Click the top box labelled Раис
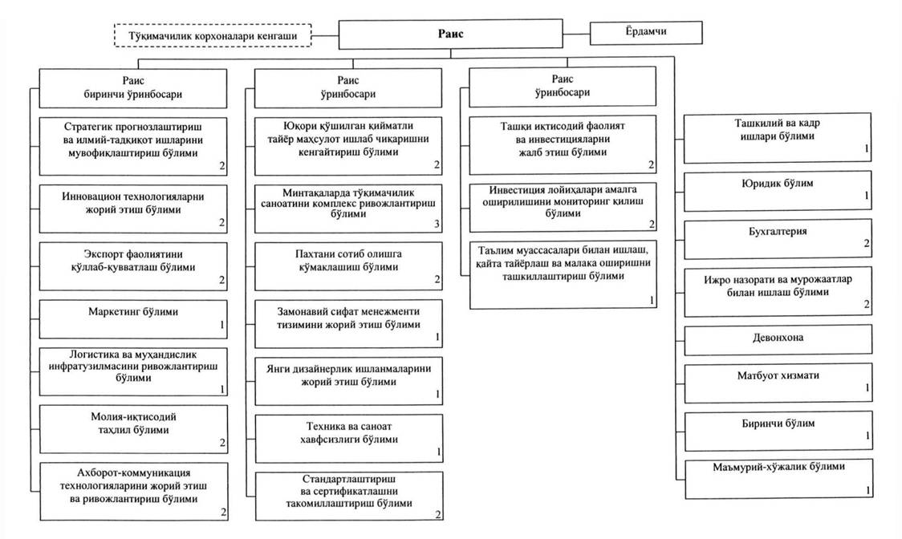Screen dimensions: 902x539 450,34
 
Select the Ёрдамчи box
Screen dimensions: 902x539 646,33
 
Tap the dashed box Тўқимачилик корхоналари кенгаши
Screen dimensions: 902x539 213,35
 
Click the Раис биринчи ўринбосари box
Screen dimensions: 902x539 133,88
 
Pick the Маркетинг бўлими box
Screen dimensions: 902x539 133,319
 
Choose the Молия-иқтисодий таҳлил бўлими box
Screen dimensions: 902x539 133,429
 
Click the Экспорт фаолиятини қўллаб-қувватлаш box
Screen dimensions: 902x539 133,266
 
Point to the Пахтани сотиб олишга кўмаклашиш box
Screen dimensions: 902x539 348,266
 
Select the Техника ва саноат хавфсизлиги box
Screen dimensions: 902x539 349,439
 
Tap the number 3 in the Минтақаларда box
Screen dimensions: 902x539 437,224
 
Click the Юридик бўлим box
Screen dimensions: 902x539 778,191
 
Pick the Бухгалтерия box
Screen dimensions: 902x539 778,239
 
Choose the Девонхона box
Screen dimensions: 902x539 778,339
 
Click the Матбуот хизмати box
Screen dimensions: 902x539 778,383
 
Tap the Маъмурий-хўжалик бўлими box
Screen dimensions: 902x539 779,479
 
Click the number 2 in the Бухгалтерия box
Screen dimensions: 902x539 867,243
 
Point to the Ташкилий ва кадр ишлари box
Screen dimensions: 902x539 777,137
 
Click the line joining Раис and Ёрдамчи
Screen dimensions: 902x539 576,34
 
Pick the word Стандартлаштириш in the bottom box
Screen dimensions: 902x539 349,479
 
